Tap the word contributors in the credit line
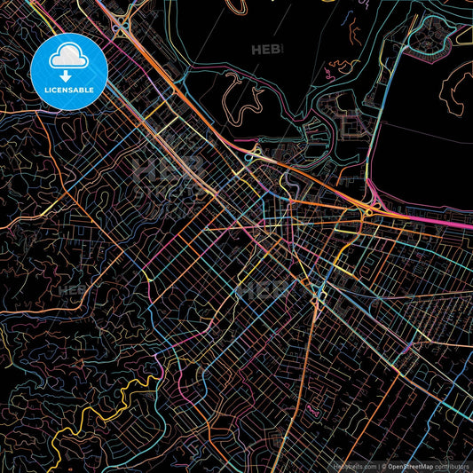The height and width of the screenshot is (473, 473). [x=453, y=465]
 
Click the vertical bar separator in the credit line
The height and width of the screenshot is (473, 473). [x=379, y=465]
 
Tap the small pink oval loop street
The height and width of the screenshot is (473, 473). [x=311, y=410]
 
